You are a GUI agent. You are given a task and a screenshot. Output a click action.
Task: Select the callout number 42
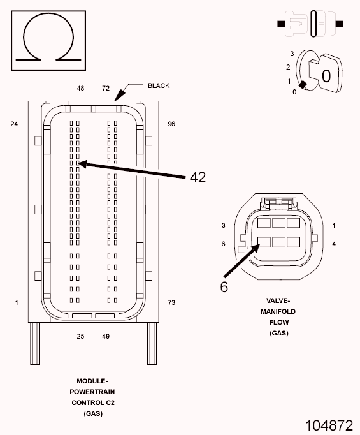[198, 177]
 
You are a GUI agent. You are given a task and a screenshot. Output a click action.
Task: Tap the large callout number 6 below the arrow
[224, 286]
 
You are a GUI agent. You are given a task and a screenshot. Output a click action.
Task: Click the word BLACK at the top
[159, 85]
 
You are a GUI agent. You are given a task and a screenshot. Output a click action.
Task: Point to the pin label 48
[81, 88]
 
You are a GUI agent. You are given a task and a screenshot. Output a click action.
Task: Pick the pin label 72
[106, 88]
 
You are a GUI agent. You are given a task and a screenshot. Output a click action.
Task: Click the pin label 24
[14, 124]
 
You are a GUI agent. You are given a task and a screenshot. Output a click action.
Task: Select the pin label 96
[171, 124]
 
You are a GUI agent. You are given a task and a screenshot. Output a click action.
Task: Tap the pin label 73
[171, 302]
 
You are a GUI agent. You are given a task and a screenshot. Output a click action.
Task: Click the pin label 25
[81, 336]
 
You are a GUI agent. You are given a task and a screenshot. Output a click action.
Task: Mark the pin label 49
[106, 336]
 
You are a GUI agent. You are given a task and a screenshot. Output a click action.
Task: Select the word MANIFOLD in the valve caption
[278, 311]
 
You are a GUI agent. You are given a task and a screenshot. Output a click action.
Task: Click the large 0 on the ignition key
[326, 76]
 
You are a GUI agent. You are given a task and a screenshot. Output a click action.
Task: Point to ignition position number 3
[291, 54]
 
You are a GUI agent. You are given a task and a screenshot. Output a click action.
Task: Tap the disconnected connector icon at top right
[311, 24]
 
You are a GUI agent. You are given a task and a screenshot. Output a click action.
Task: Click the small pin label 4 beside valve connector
[335, 244]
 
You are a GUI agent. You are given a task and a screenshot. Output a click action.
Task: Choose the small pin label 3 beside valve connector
[224, 226]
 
